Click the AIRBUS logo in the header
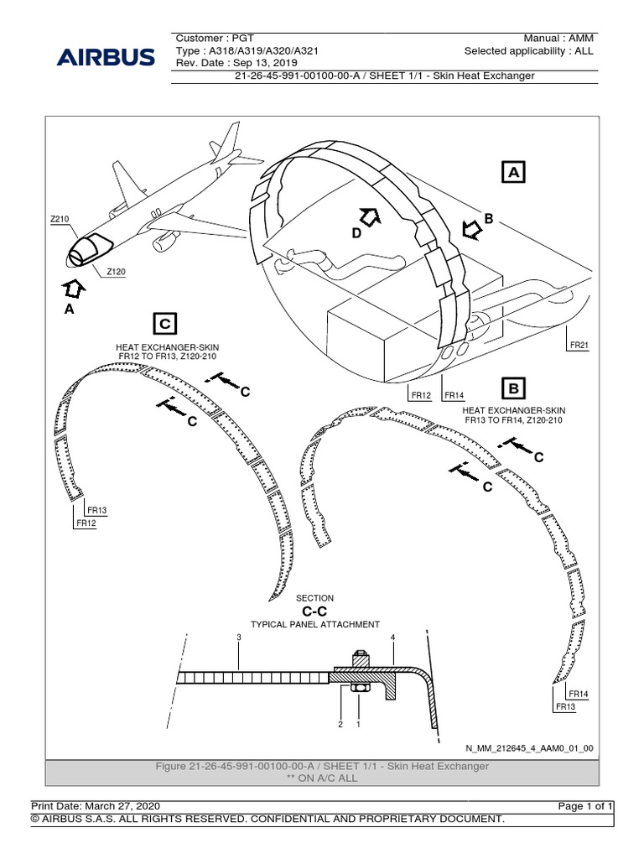click(106, 58)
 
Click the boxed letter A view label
click(513, 172)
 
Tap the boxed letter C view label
click(165, 323)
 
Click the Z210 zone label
click(60, 219)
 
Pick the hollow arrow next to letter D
click(370, 216)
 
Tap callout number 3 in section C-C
click(239, 638)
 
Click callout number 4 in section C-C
click(392, 638)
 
